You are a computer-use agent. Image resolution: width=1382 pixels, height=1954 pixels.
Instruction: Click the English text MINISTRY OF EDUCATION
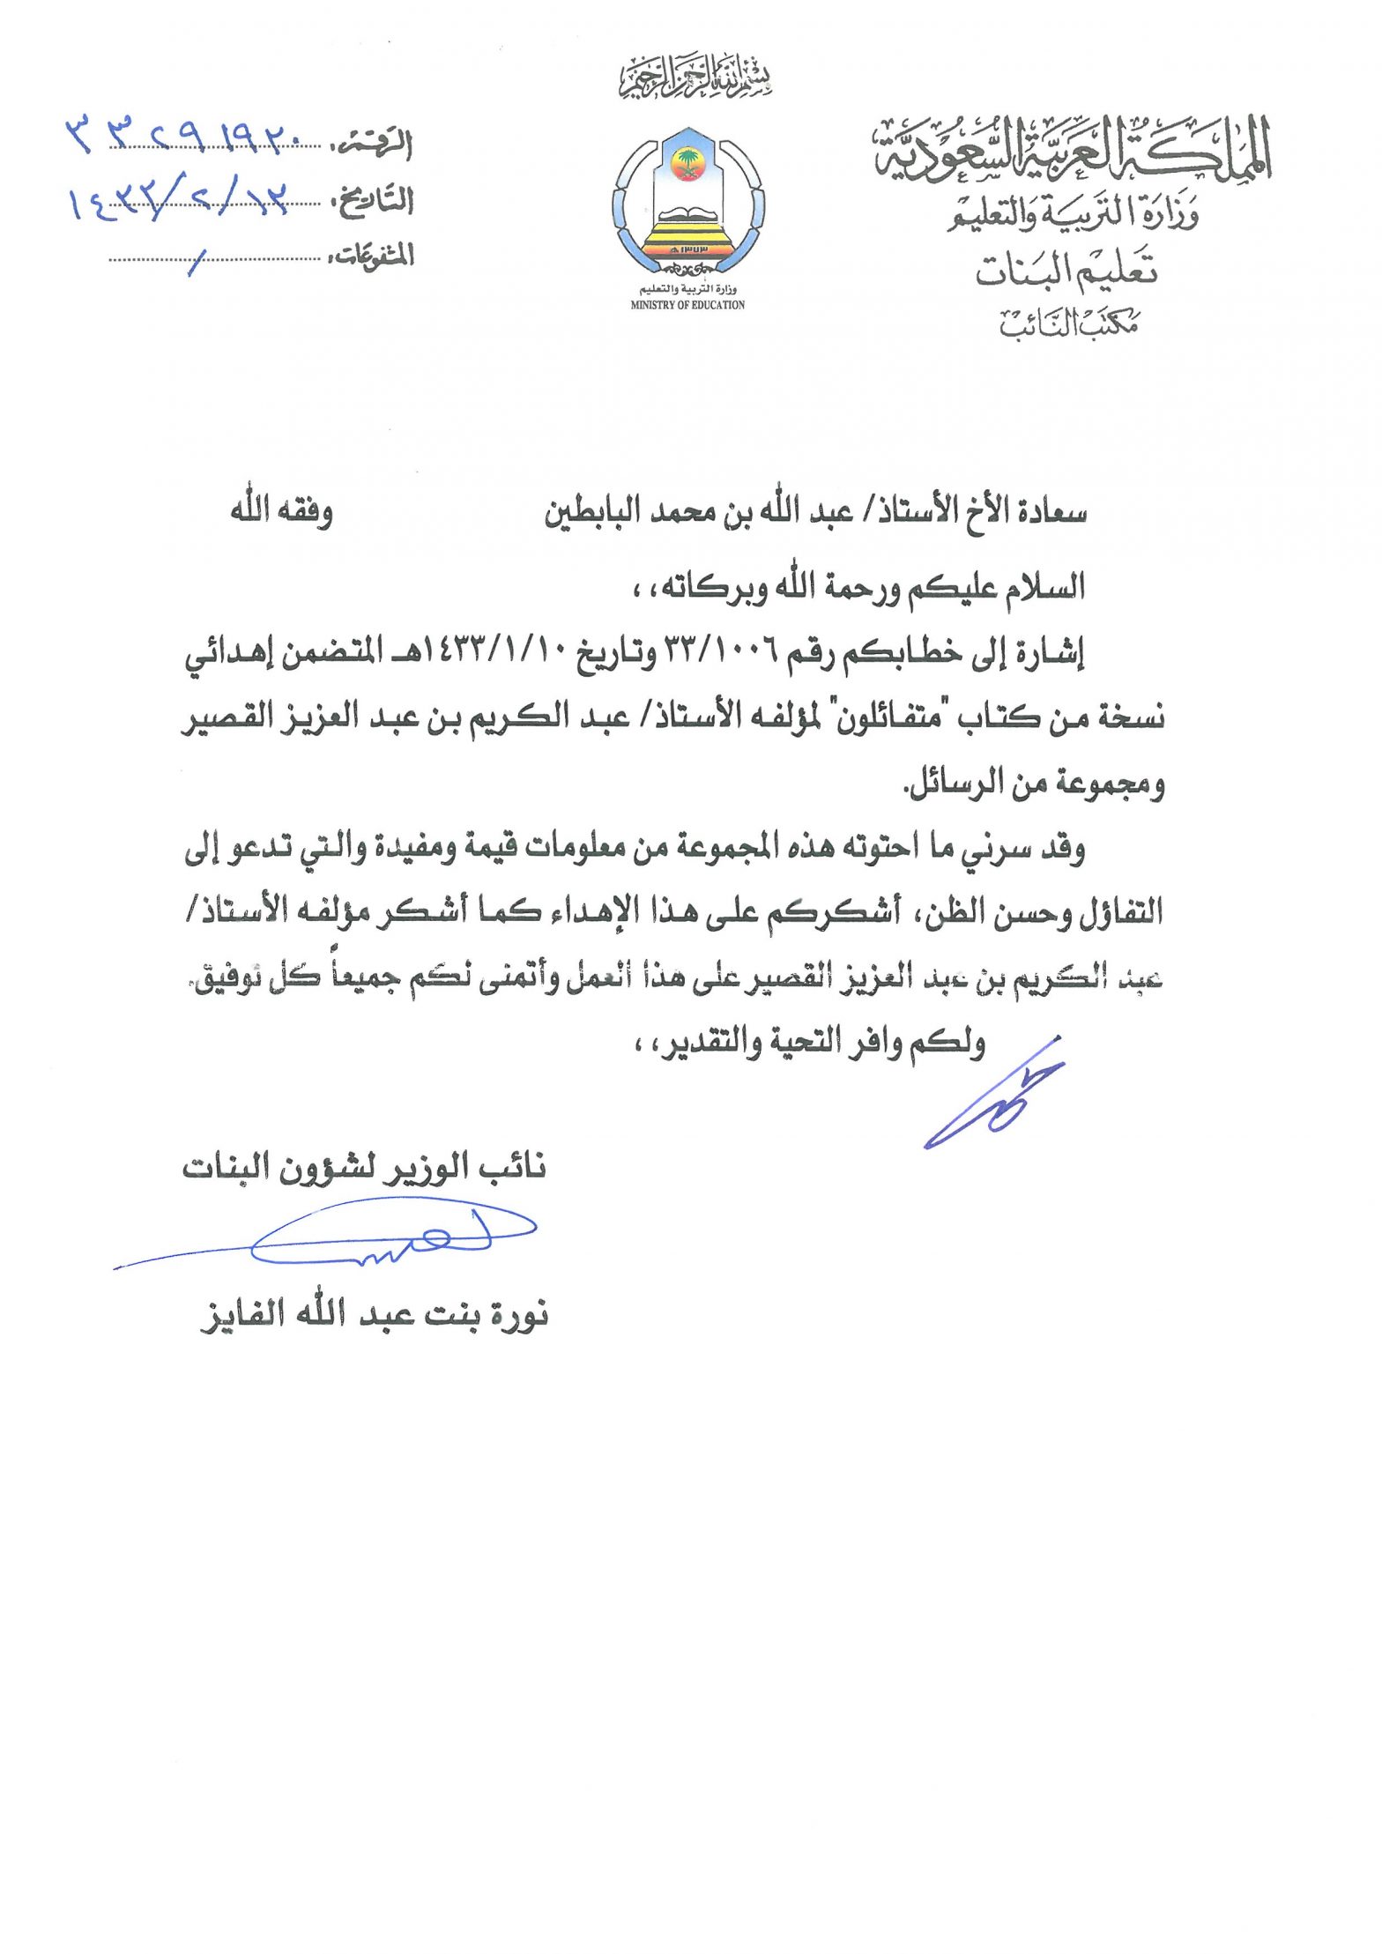click(x=687, y=305)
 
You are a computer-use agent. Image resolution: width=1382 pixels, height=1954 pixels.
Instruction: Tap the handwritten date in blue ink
click(x=180, y=202)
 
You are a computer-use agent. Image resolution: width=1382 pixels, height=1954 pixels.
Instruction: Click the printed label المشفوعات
click(x=373, y=256)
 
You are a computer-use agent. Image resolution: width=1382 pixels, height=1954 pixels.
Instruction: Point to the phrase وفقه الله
click(x=281, y=510)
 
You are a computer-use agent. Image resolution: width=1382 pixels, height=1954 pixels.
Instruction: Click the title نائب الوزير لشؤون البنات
click(x=364, y=1169)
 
